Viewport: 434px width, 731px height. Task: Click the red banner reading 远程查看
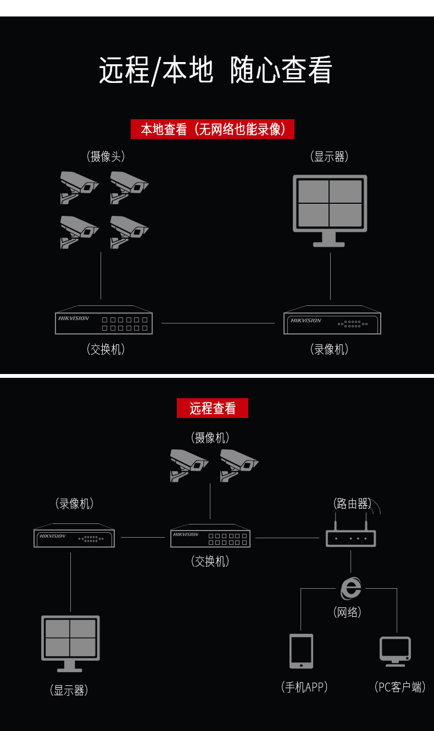tap(212, 408)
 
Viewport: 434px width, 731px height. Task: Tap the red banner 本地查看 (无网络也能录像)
tap(212, 129)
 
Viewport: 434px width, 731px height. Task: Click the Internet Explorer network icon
tap(351, 589)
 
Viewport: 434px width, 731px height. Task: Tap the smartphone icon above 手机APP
tap(301, 651)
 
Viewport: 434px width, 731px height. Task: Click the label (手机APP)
tap(304, 687)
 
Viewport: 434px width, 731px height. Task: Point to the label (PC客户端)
tap(399, 687)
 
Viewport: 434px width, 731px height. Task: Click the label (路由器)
tap(352, 503)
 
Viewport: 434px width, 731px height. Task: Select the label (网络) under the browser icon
tap(347, 612)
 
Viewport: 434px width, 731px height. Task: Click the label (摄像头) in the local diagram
tap(106, 157)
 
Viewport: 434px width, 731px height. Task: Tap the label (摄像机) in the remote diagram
tap(210, 437)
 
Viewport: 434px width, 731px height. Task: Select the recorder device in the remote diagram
tap(74, 537)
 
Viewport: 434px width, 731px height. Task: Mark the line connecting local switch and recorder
tap(218, 323)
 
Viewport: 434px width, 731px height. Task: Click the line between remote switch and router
tap(287, 538)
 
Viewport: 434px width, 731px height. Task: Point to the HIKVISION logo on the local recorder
tap(306, 320)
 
